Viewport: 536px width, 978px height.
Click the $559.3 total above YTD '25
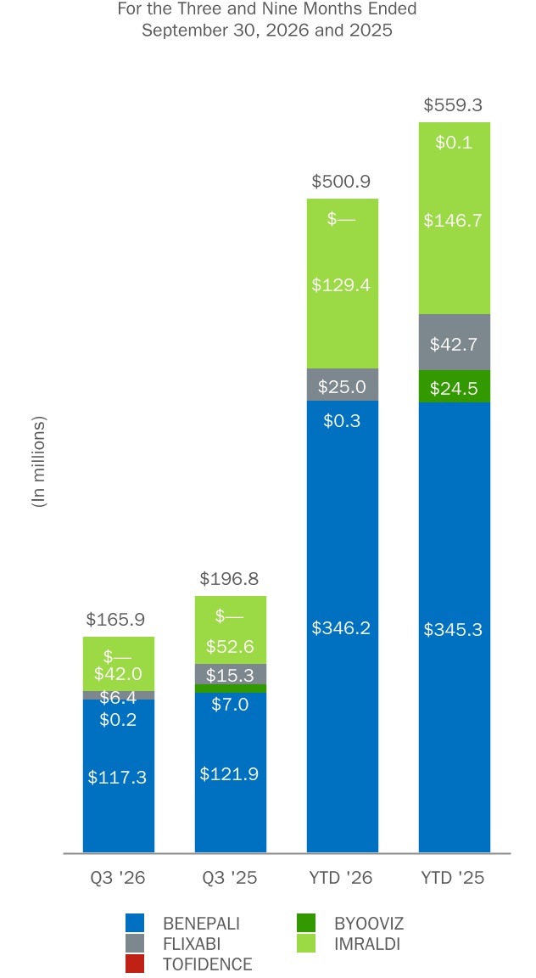(x=453, y=104)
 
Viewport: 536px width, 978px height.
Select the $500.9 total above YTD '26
(x=341, y=182)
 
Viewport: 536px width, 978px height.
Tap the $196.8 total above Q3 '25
(x=229, y=579)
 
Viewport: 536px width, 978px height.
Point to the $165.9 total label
(x=115, y=620)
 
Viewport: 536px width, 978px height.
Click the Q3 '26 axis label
(x=118, y=878)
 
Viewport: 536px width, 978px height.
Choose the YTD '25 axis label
(x=453, y=878)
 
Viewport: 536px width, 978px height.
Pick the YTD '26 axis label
(x=341, y=878)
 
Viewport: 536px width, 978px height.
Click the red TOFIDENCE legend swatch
(x=135, y=964)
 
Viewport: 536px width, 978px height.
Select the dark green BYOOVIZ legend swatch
(x=306, y=923)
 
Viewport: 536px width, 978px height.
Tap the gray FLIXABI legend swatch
(x=135, y=943)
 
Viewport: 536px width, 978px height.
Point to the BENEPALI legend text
(x=201, y=923)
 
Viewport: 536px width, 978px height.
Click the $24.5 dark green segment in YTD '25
(x=455, y=387)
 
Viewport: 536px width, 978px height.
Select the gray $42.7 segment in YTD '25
(x=455, y=342)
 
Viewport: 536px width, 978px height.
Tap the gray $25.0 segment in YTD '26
(x=342, y=385)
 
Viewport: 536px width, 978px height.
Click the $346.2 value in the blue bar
(x=341, y=628)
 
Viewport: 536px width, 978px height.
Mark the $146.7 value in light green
(x=453, y=220)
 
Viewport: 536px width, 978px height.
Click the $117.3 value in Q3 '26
(x=117, y=777)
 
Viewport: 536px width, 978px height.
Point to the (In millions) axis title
(x=39, y=462)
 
